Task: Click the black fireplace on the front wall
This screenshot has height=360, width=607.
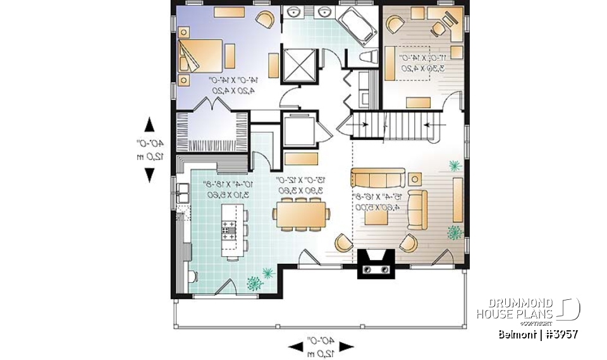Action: pos(376,263)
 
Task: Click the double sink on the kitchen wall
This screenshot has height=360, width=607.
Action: pos(181,191)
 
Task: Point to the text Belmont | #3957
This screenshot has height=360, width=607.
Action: pos(537,333)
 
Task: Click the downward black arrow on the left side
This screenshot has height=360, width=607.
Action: pos(149,175)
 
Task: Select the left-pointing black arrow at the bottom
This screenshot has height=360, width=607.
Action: pos(295,346)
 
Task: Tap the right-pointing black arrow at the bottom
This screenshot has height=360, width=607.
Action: pos(346,346)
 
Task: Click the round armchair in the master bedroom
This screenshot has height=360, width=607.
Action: pos(266,20)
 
